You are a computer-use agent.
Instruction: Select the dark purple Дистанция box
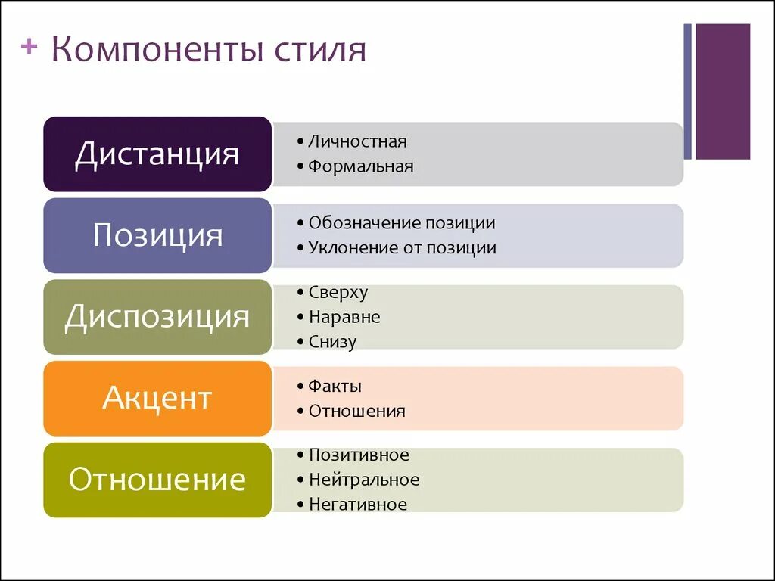(157, 154)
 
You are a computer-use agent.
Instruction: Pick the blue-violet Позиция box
(157, 235)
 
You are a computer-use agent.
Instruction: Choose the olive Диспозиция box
(157, 316)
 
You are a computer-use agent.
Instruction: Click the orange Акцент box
(157, 398)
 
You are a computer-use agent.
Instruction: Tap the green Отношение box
(157, 480)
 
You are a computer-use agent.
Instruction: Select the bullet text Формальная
(361, 166)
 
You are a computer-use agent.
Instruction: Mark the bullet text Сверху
(338, 293)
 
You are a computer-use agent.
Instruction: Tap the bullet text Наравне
(344, 317)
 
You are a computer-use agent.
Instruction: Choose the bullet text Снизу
(332, 342)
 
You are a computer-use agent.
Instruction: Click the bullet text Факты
(335, 387)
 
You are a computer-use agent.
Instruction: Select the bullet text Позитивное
(359, 455)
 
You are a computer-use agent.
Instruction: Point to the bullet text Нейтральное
(364, 480)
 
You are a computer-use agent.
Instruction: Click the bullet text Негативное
(358, 505)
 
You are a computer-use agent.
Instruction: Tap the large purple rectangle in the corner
(723, 92)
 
